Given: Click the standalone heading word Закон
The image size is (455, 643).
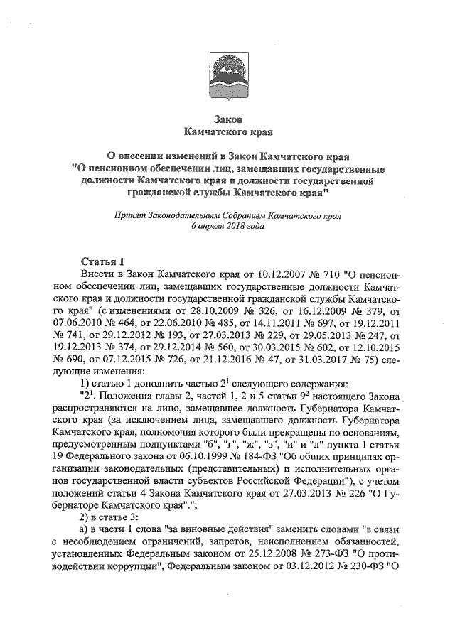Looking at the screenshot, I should click(227, 119).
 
